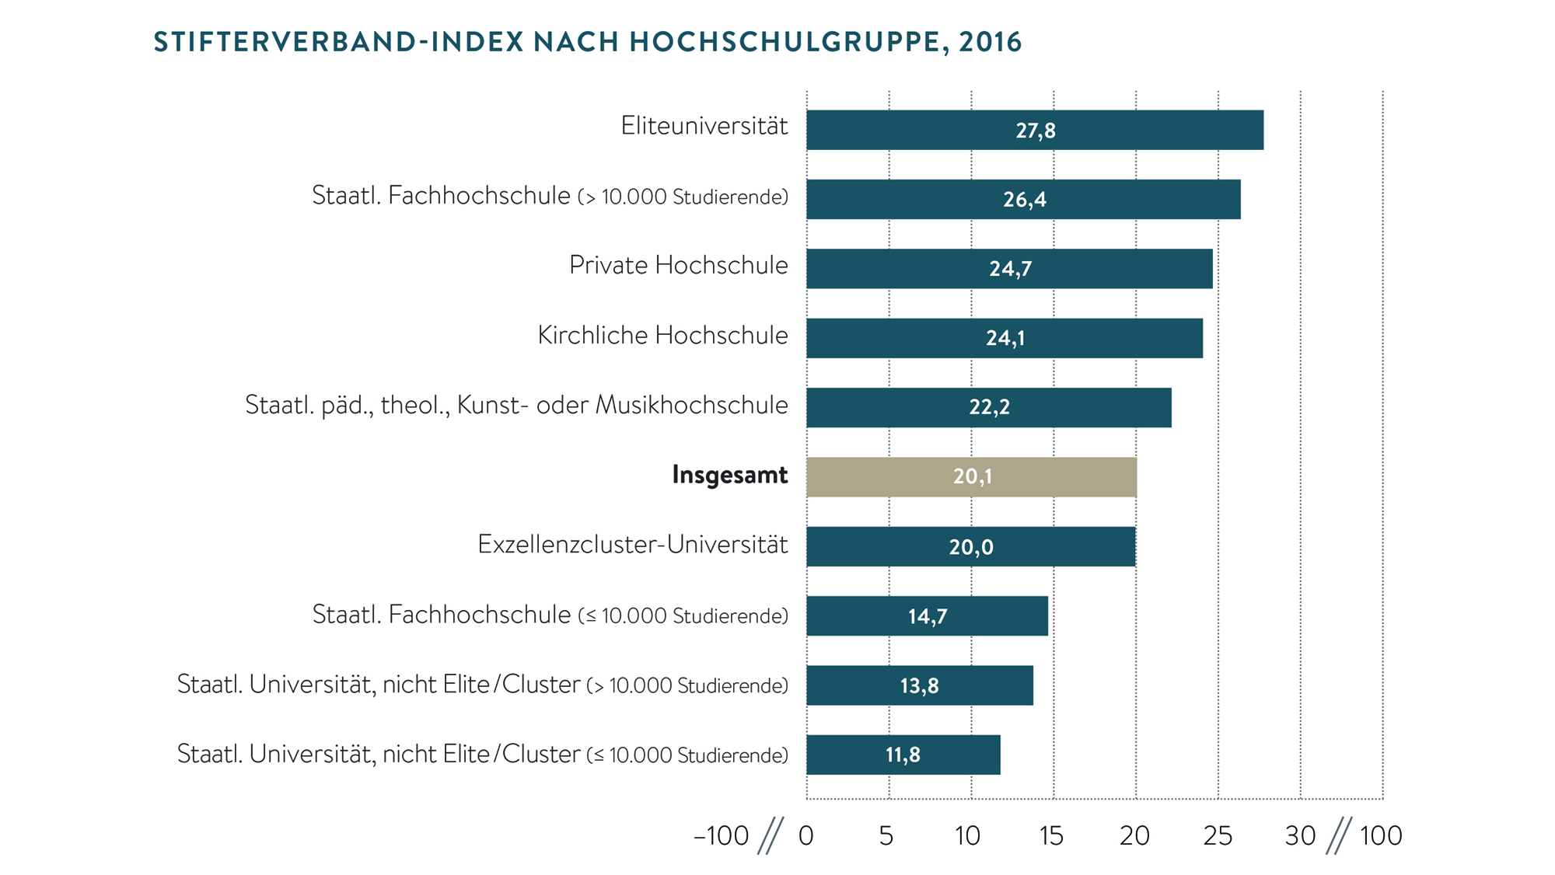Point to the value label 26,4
[x=1024, y=200]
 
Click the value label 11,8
[x=902, y=755]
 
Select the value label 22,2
[x=989, y=407]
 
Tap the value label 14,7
[x=928, y=616]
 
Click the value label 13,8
[x=919, y=685]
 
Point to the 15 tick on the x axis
[x=1051, y=836]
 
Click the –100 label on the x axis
[x=721, y=836]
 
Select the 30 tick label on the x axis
[x=1300, y=836]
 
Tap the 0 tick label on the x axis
[x=806, y=836]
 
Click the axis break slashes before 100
[x=1339, y=836]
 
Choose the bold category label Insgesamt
[x=729, y=475]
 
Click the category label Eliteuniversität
[x=704, y=126]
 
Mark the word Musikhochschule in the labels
[x=691, y=405]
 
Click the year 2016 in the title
[x=990, y=42]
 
